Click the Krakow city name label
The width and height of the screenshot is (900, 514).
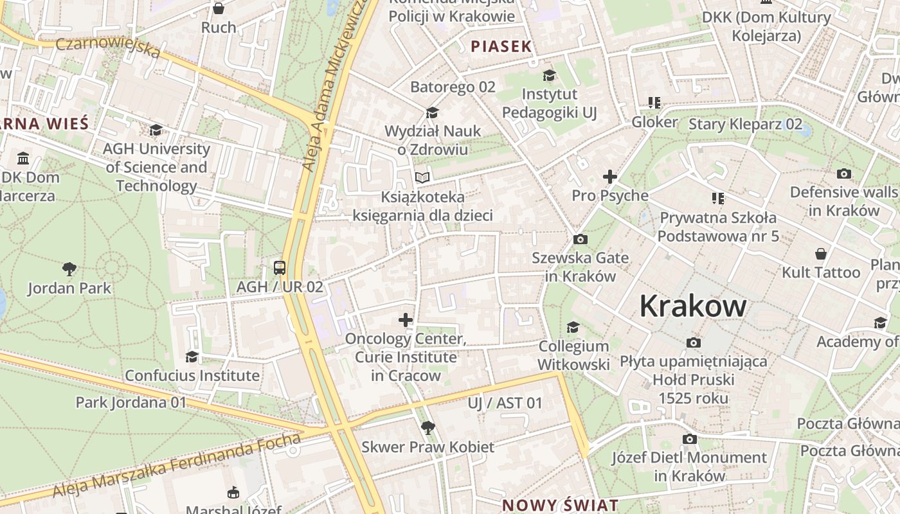(692, 306)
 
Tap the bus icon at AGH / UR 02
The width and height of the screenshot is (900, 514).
(280, 267)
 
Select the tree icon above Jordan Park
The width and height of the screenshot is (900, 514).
(69, 269)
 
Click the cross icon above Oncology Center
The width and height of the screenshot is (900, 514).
(406, 319)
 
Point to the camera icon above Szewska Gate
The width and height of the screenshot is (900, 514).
(580, 239)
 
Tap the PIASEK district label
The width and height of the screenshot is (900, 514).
(501, 46)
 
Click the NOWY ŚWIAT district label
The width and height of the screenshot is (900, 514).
(560, 505)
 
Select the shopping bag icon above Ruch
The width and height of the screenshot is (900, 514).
(219, 8)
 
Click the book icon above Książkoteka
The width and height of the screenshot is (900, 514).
(422, 177)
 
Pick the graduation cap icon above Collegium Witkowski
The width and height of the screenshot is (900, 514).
(573, 328)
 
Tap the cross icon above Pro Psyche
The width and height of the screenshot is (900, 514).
(609, 176)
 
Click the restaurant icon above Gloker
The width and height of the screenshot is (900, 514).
(654, 103)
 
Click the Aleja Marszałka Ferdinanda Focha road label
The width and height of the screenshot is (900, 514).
(177, 466)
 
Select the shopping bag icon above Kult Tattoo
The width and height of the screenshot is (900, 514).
(820, 253)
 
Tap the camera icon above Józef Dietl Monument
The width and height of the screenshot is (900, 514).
(689, 439)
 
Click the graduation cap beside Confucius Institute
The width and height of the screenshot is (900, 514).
(192, 357)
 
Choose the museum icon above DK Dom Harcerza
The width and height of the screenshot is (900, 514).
(24, 158)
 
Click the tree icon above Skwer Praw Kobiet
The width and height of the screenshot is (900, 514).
(428, 427)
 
